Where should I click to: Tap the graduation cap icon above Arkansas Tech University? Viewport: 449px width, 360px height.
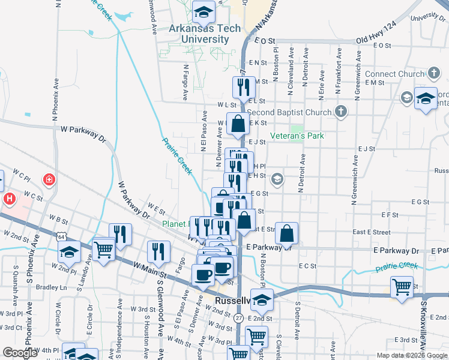(x=204, y=11)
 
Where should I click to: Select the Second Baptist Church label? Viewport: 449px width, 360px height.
(x=289, y=112)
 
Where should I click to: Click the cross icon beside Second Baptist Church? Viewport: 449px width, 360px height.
(x=341, y=111)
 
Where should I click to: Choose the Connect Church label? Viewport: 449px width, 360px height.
(x=395, y=74)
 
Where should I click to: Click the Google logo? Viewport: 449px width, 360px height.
(x=20, y=353)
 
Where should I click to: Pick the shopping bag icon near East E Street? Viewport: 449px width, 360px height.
(x=287, y=232)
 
